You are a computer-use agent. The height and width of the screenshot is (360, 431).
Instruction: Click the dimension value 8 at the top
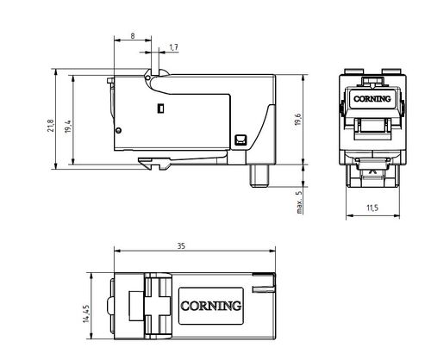(133, 36)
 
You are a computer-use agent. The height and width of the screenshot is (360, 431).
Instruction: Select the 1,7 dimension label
(174, 47)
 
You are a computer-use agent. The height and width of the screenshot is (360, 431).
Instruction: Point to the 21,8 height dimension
(51, 125)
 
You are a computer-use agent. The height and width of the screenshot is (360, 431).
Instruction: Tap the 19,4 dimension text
(68, 127)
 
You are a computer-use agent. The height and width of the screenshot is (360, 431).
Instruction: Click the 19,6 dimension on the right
(298, 120)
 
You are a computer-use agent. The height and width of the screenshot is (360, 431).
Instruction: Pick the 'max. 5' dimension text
(299, 202)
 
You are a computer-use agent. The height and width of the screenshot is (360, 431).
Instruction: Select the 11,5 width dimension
(372, 208)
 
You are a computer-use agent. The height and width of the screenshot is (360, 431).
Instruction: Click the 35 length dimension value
(181, 246)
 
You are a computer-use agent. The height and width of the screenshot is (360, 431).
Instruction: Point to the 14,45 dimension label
(86, 313)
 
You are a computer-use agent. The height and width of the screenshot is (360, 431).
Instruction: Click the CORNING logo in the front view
(372, 99)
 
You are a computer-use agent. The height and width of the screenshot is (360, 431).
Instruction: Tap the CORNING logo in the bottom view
(211, 306)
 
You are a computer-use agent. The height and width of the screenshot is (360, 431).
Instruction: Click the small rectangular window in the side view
(161, 109)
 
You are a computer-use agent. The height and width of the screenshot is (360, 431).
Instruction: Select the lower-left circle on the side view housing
(118, 130)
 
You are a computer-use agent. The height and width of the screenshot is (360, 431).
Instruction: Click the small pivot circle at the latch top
(147, 78)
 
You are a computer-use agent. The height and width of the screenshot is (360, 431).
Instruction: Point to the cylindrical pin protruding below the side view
(259, 176)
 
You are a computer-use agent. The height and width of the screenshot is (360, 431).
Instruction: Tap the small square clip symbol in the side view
(240, 140)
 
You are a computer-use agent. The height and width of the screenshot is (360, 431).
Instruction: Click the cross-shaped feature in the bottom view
(158, 306)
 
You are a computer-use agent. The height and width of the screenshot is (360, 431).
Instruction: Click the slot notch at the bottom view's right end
(264, 289)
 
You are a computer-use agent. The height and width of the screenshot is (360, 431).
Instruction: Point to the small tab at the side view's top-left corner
(109, 81)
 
